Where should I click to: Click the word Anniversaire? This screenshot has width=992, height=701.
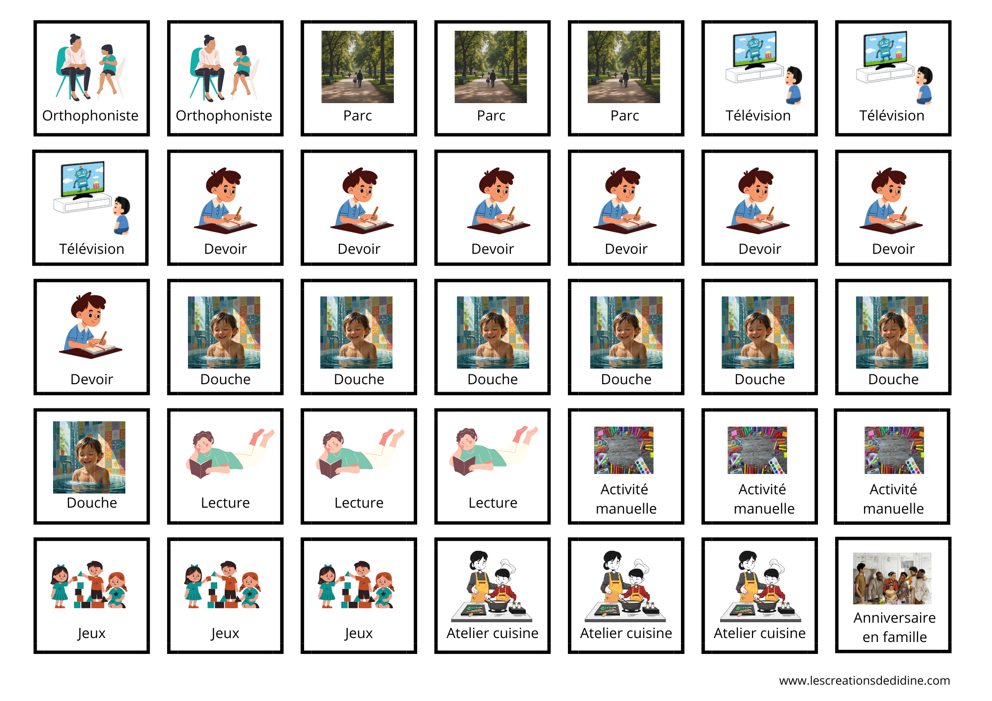coord(894,618)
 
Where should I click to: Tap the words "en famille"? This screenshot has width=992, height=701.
coord(894,637)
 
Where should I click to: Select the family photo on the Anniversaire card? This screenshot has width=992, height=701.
coord(892,579)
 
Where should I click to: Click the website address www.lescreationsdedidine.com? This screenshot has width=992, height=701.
coord(865,681)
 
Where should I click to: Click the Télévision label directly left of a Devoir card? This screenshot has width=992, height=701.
coord(92,249)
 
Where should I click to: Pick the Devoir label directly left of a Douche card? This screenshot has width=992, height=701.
coord(92,379)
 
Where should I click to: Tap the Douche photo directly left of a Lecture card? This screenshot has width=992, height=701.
coord(89,457)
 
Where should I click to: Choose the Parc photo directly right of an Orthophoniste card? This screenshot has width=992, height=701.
coord(358,67)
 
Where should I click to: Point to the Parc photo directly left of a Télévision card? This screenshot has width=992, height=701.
coord(624,67)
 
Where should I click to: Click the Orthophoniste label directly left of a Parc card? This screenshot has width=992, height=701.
coord(224,116)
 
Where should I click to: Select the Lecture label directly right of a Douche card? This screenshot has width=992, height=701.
coord(225,503)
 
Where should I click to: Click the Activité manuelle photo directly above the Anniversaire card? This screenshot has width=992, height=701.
coord(894,450)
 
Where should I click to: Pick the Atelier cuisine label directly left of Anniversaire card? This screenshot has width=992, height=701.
coord(759,633)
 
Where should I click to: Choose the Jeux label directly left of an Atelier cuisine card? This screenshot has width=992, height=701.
coord(359,633)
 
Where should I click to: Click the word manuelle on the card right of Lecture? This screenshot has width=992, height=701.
coord(626,509)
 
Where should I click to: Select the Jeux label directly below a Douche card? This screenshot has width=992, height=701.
coord(91,633)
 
